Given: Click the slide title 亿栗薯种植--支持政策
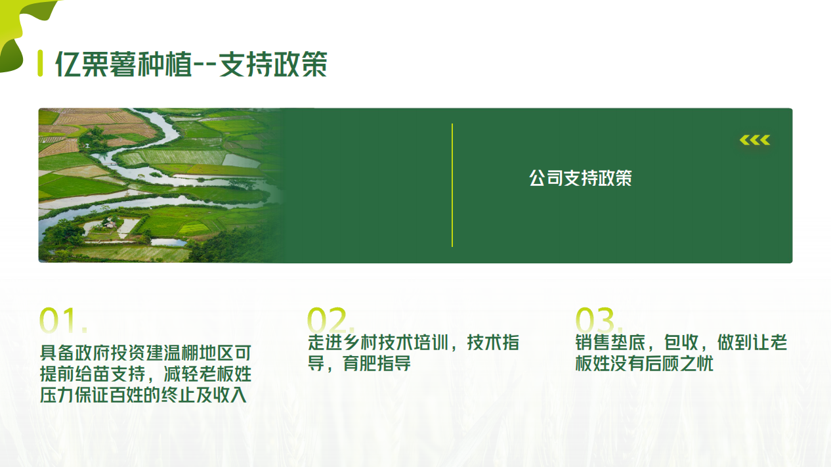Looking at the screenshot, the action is (x=191, y=64).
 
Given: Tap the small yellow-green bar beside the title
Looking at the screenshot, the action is (x=41, y=64).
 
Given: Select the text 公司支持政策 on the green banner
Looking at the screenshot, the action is (x=580, y=178).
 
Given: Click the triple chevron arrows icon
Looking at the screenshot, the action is (x=755, y=140).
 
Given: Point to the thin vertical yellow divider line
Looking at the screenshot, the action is (x=452, y=185).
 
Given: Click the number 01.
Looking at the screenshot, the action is (x=63, y=320).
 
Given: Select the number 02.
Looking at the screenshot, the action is (x=331, y=320).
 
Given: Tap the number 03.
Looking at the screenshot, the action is (x=599, y=320).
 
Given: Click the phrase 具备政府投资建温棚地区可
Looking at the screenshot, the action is (x=146, y=353).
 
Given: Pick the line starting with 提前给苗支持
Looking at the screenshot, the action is (x=146, y=374).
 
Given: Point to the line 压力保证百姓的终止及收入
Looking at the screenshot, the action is (x=143, y=395).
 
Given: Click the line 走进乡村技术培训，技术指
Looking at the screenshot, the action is (x=414, y=342).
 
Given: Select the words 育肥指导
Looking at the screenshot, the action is (x=377, y=363).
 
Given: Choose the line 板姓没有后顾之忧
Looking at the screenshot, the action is (x=645, y=363).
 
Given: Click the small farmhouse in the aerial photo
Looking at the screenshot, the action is (x=110, y=225).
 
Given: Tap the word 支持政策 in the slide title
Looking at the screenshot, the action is (x=273, y=64).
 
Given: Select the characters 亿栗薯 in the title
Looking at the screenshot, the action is (x=95, y=64).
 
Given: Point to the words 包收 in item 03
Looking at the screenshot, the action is (x=681, y=342).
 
